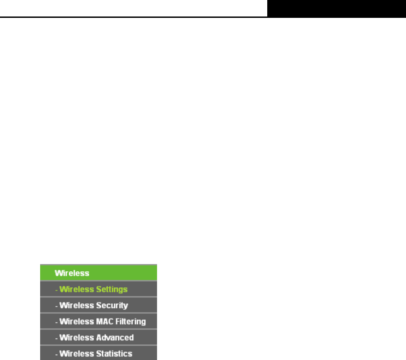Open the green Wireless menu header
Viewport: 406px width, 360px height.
pos(71,273)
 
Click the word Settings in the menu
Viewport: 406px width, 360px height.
pos(112,289)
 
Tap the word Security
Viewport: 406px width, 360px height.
pos(112,306)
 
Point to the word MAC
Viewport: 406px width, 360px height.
pos(100,322)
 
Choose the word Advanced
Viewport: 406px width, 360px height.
pos(115,338)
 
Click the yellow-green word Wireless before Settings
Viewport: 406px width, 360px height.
pos(76,289)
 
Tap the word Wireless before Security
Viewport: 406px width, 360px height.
pos(76,306)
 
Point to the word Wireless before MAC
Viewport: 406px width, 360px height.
pos(75,322)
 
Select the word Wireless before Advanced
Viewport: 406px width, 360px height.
pos(76,338)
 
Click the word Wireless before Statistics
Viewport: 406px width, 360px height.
pos(76,354)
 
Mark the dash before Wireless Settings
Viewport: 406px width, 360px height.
pos(57,290)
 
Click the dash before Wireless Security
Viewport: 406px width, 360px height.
pos(57,306)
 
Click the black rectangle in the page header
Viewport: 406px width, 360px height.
pos(336,8)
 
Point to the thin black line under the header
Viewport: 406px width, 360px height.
pos(134,17)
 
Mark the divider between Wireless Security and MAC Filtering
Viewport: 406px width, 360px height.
pos(98,314)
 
